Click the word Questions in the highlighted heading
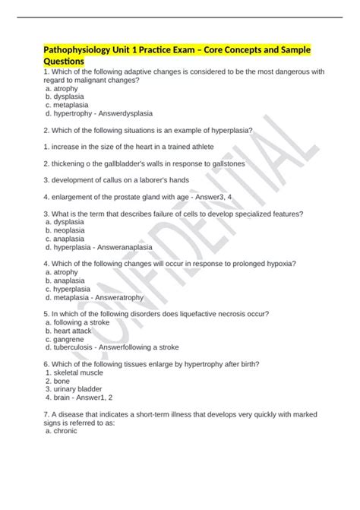65,60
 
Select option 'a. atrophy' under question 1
62,89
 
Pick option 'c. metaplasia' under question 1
67,105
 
